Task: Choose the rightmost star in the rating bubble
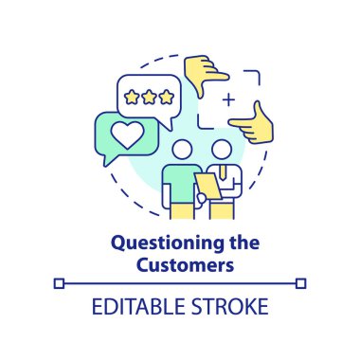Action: [x=168, y=96]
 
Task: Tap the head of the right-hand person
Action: [x=222, y=151]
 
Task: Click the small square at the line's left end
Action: [x=59, y=282]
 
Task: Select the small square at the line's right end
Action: [x=301, y=282]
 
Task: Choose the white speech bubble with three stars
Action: [x=149, y=97]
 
